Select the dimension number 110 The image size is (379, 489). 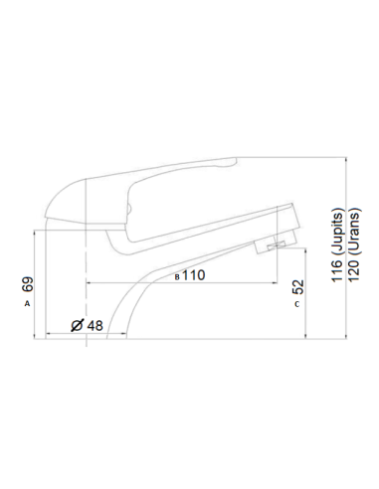[x=192, y=275]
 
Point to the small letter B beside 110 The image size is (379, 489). [x=177, y=276]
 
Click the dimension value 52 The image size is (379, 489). [x=298, y=287]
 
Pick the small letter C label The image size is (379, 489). [x=297, y=304]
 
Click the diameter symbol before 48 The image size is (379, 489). [x=80, y=326]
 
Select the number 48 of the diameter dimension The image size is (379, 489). [x=95, y=325]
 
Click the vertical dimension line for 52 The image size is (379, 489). [x=312, y=298]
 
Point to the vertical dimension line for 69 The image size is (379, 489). [x=40, y=288]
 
